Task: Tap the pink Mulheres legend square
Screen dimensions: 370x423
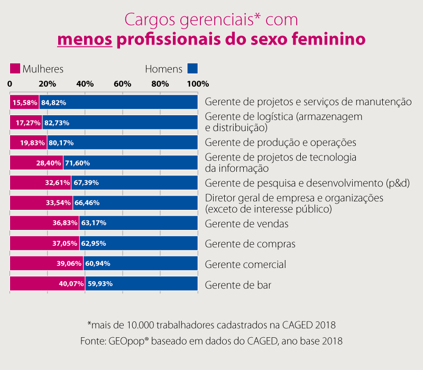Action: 15,69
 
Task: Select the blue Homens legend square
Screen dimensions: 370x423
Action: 192,69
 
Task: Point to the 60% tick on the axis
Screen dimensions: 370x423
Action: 123,84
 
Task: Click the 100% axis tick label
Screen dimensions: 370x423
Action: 198,84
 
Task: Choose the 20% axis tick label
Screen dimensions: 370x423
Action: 47,84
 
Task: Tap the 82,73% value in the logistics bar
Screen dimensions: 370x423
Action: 57,123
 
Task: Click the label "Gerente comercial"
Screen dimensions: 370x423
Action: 245,264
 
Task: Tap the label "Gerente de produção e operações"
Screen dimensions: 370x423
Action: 280,143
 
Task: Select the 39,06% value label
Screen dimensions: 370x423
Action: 69,263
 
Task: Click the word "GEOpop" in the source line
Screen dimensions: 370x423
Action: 125,341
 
